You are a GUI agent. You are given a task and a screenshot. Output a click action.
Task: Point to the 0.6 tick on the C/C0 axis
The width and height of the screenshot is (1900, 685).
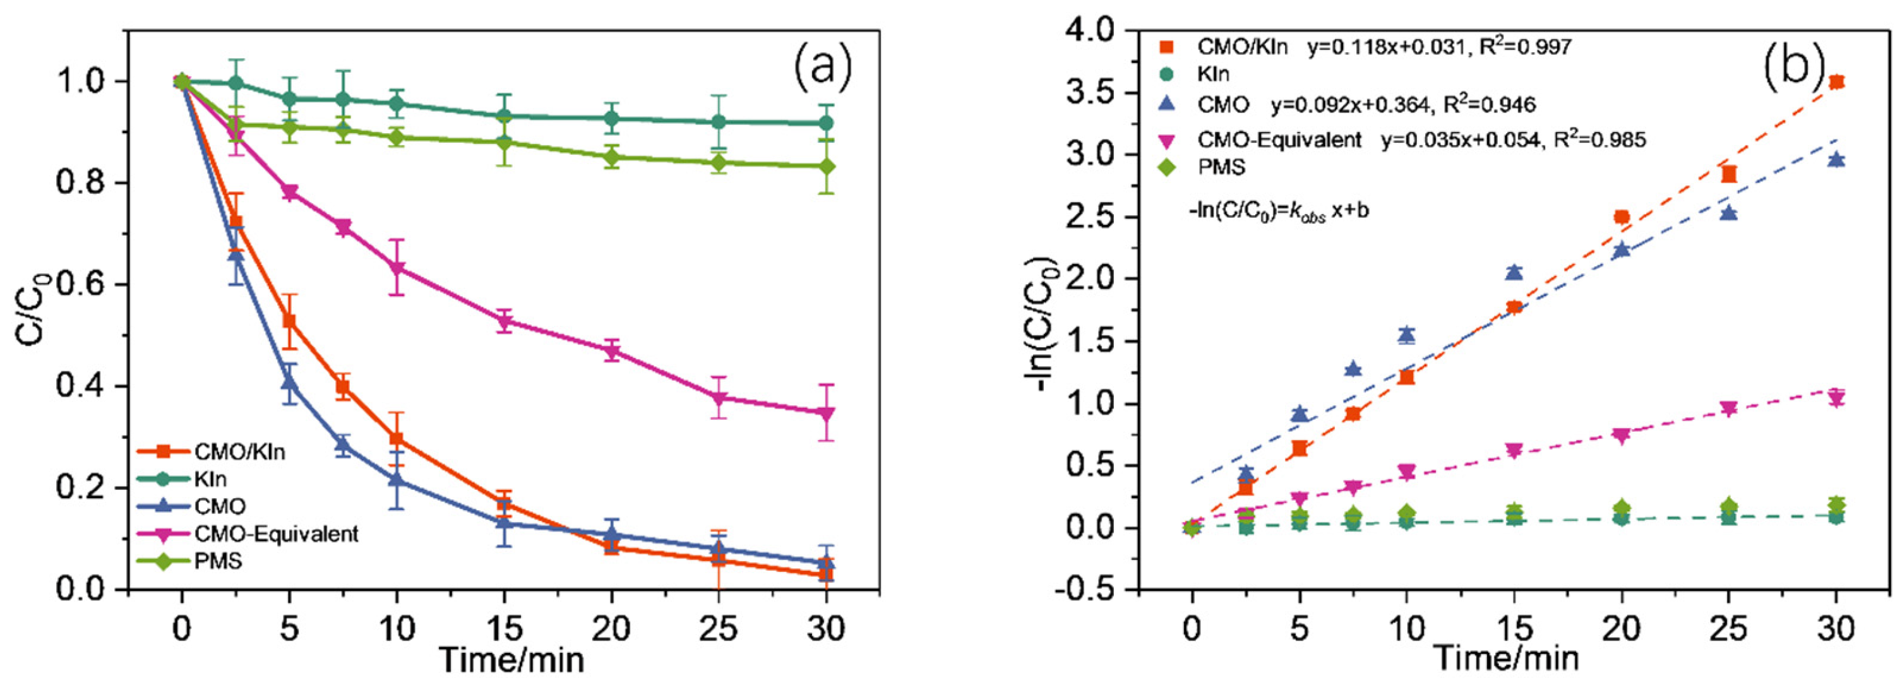tap(87, 285)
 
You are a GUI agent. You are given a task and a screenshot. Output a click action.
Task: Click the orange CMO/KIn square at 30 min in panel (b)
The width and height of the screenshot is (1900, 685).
tap(1837, 82)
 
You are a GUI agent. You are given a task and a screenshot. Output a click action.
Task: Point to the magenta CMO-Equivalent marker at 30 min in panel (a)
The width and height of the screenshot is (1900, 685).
tap(827, 414)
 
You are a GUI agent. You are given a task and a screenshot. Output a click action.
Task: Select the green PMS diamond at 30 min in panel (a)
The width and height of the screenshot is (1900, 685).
tap(827, 167)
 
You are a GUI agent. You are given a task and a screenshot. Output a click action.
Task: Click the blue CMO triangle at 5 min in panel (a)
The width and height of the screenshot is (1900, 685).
tap(289, 383)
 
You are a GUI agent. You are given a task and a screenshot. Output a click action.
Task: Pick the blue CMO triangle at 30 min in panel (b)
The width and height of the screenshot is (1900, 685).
tap(1837, 159)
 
